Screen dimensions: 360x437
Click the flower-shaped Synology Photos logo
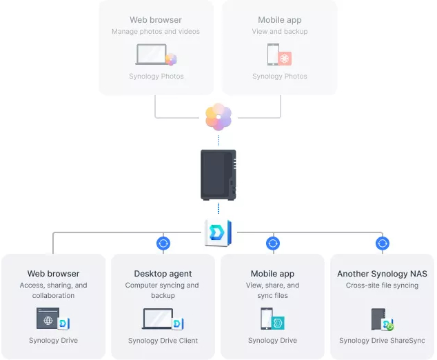coord(218,117)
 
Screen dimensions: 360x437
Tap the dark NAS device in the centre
coord(218,174)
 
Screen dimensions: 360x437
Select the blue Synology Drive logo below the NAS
coord(218,232)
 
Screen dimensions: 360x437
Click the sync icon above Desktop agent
coord(163,243)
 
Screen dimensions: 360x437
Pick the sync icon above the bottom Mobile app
coord(273,243)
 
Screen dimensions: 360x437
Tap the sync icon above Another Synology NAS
coord(383,243)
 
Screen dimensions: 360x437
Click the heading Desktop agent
coord(163,274)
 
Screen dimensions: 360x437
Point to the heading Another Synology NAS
coord(382,274)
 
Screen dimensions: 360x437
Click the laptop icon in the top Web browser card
coord(152,54)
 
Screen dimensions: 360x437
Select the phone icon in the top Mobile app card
coord(274,54)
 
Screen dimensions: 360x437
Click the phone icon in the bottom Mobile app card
coord(267,319)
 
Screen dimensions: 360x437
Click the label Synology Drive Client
coord(163,341)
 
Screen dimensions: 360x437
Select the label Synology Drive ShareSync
coord(382,341)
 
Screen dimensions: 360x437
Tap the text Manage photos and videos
coord(156,32)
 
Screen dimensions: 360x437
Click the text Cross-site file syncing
coord(382,286)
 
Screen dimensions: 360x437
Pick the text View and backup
coord(280,32)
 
